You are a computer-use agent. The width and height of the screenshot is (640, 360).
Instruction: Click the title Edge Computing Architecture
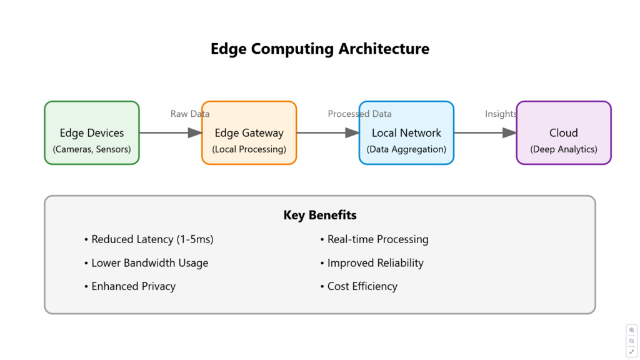coord(320,49)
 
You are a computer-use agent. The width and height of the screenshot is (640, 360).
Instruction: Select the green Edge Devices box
coord(92,132)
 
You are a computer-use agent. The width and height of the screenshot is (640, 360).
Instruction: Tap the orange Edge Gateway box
coord(249,132)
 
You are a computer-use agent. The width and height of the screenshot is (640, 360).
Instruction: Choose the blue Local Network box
coord(406,132)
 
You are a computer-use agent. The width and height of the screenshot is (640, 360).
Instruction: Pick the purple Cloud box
coord(564,132)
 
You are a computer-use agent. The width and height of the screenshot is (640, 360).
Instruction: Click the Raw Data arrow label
coord(190,114)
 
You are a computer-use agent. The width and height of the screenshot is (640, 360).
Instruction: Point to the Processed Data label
coord(359,114)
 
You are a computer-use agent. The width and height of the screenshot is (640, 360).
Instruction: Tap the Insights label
coord(501,114)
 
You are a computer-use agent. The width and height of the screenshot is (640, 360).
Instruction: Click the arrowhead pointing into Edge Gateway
coord(195,132)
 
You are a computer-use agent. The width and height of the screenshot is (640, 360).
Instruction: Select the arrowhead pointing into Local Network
coord(352,132)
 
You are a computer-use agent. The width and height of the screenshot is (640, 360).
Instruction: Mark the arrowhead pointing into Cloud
coord(510,132)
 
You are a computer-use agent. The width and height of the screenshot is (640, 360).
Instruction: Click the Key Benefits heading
coord(320,215)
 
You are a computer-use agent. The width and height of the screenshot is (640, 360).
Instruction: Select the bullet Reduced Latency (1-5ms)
coord(149,239)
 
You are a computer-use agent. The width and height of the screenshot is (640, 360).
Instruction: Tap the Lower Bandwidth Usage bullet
coord(146,263)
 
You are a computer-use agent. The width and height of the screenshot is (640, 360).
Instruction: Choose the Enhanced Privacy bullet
coord(130,286)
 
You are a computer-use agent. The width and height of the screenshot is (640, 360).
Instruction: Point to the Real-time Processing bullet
coord(374,239)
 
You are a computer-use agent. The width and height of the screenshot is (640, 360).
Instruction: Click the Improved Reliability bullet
coord(372,263)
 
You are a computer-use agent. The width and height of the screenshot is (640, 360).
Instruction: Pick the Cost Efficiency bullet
coord(359,286)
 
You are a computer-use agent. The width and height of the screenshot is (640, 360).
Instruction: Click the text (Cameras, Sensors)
coord(92,149)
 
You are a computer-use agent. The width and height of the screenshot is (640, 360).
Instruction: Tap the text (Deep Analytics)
coord(564,149)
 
